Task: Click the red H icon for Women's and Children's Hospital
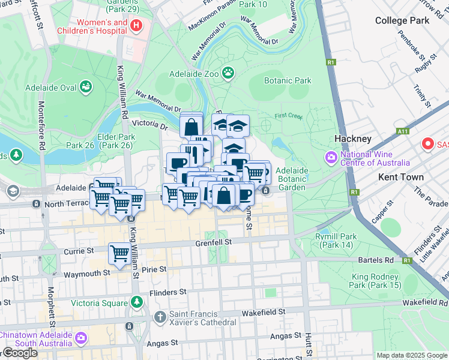pos(136,25)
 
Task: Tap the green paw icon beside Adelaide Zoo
pos(228,74)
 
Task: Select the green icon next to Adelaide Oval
pos(86,88)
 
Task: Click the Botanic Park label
pos(288,80)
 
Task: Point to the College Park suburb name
pos(402,20)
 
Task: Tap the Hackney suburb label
pos(353,139)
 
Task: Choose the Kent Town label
pos(400,177)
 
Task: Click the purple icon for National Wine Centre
pos(330,158)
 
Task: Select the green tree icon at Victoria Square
pos(137,302)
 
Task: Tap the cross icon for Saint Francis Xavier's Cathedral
pos(160,317)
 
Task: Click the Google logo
pos(20,352)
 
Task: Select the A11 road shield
pos(403,131)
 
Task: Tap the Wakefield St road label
pos(263,313)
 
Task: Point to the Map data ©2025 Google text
pos(412,355)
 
